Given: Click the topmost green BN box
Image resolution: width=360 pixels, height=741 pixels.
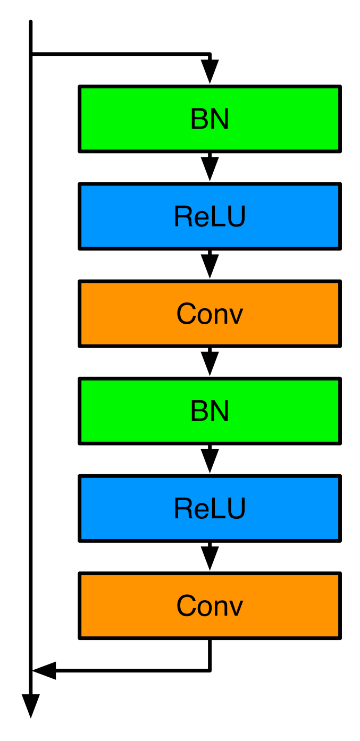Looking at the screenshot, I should coord(210,119).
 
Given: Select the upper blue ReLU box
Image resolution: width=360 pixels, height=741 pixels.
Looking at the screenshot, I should coord(210,216).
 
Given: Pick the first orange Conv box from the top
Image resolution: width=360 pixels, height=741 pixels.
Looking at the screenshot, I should coord(210,314).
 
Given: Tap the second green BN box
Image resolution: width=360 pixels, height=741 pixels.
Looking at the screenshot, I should coord(210,411).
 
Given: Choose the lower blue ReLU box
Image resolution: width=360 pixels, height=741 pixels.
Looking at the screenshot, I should coord(210,508).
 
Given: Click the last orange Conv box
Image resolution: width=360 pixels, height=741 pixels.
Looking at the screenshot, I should coord(210,605).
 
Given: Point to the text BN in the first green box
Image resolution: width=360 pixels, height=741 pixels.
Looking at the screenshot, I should coord(210,119).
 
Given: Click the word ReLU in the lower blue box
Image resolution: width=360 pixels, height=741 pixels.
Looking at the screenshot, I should coord(210,509).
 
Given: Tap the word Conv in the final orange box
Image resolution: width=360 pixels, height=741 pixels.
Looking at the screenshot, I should coord(210,606).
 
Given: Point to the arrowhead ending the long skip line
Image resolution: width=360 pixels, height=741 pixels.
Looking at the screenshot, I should coord(31,706).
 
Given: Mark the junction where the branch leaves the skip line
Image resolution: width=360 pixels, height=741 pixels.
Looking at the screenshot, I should coord(31,54).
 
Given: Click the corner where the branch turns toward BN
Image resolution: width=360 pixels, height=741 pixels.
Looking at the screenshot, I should coord(210,54).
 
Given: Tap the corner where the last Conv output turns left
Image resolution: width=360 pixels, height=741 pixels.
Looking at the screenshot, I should coord(210,670).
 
